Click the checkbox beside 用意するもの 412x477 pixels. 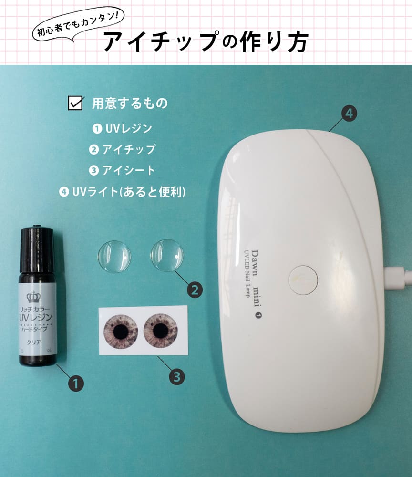(x=76, y=103)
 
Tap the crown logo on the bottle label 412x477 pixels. (x=33, y=297)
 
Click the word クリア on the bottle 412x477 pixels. (x=37, y=342)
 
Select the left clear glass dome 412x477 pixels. (x=114, y=256)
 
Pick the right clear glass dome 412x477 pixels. (x=167, y=255)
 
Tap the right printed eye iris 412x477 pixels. (x=160, y=330)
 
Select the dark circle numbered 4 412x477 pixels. (x=349, y=114)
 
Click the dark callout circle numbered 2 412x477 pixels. (x=195, y=289)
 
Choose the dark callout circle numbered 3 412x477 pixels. (x=177, y=377)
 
